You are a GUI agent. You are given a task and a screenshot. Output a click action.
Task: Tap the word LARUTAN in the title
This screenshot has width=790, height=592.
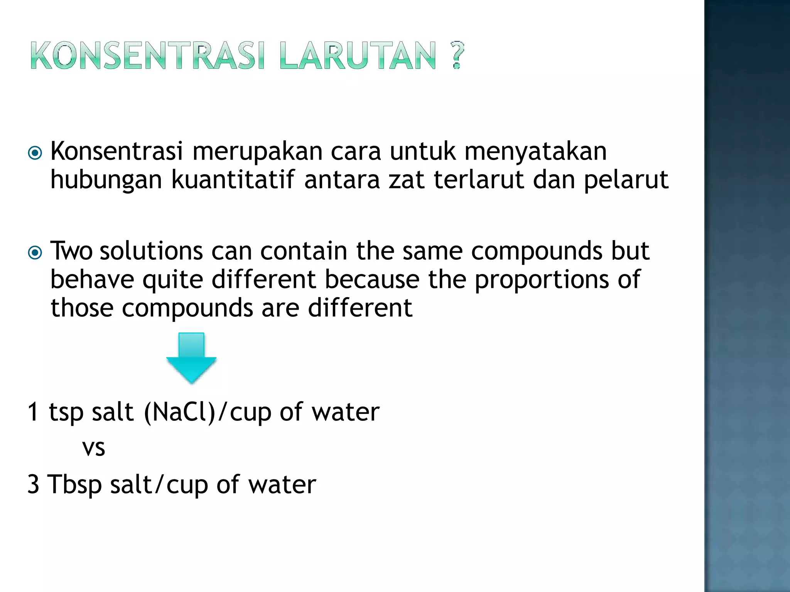click(358, 56)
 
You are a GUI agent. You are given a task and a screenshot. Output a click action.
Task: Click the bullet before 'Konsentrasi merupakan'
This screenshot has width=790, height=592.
click(35, 153)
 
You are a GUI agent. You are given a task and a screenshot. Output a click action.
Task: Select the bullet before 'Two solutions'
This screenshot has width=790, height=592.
click(35, 253)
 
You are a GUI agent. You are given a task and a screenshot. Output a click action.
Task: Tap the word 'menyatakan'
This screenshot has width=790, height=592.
click(535, 151)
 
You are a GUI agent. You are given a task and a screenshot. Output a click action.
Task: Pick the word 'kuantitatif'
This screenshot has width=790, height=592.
click(233, 180)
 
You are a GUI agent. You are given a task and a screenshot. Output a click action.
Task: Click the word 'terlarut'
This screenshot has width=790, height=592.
click(479, 180)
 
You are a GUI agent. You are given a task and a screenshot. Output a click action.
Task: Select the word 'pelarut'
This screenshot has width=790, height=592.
click(626, 180)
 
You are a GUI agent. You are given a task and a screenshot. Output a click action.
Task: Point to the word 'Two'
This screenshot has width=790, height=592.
click(71, 251)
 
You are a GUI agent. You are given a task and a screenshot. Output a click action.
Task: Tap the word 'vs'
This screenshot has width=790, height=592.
click(94, 448)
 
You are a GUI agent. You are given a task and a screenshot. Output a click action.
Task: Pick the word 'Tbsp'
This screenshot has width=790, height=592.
click(74, 484)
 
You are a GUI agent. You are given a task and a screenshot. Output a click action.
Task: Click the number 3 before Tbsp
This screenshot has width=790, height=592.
click(34, 484)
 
